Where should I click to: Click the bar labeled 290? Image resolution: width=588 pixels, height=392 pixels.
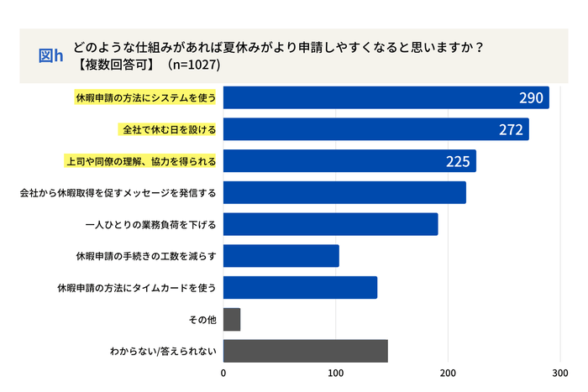click(x=386, y=97)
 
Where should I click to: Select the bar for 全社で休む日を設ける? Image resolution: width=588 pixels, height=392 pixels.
click(x=376, y=129)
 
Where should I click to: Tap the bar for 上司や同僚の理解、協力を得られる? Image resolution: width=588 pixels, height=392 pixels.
click(x=349, y=161)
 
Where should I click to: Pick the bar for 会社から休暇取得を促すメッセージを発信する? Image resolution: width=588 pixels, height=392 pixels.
click(x=344, y=192)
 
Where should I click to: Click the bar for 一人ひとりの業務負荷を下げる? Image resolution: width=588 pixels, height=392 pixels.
click(x=331, y=224)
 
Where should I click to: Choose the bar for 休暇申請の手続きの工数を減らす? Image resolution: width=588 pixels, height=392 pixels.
click(x=281, y=256)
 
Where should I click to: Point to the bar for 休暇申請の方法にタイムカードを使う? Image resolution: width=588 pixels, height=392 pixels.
click(x=300, y=287)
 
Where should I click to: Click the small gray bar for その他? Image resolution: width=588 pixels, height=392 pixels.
click(x=232, y=319)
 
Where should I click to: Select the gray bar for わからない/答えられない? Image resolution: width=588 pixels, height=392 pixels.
click(x=306, y=351)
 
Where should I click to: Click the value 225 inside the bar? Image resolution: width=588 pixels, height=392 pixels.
click(x=457, y=161)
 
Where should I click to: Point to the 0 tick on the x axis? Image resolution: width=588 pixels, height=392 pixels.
click(x=223, y=373)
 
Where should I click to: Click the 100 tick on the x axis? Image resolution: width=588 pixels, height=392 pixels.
click(x=336, y=373)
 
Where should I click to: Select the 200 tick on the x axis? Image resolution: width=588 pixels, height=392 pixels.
click(x=449, y=373)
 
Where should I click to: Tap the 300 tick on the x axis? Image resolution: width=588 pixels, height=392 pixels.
click(x=560, y=373)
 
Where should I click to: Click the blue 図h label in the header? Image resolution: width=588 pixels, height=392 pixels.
click(x=51, y=55)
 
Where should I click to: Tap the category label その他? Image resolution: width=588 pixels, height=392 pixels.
click(x=205, y=320)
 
